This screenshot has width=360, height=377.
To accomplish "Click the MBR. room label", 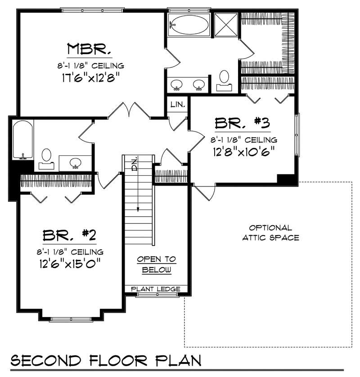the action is click(89, 49).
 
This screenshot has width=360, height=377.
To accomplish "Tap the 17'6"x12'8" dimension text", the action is click(91, 77).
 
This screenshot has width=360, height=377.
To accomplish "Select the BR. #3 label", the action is click(242, 123).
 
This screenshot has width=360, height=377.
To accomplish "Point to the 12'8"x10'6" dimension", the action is click(244, 152).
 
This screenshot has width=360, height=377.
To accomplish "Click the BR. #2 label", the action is click(69, 235).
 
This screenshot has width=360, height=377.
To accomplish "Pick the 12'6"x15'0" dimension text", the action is click(70, 263).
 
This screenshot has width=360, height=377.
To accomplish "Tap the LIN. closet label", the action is click(178, 104).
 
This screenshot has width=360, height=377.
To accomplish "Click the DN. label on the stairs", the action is click(135, 164).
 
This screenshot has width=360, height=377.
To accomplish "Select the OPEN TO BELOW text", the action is click(157, 264).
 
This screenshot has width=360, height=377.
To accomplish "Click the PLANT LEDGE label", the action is click(156, 289).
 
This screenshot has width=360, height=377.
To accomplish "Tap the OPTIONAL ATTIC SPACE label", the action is click(270, 232).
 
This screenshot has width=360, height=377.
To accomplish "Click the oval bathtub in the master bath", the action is click(189, 25).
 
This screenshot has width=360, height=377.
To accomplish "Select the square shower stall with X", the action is click(226, 25).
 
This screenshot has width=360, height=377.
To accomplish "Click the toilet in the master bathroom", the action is click(225, 81).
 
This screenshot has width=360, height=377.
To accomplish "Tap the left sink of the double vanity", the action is click(176, 85).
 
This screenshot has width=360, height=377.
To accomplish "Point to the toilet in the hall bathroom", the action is click(46, 159).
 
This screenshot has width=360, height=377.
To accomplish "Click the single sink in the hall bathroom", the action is click(76, 163).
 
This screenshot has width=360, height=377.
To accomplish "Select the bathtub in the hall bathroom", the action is click(23, 140).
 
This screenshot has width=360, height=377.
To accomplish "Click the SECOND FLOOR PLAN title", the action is click(106, 361).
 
